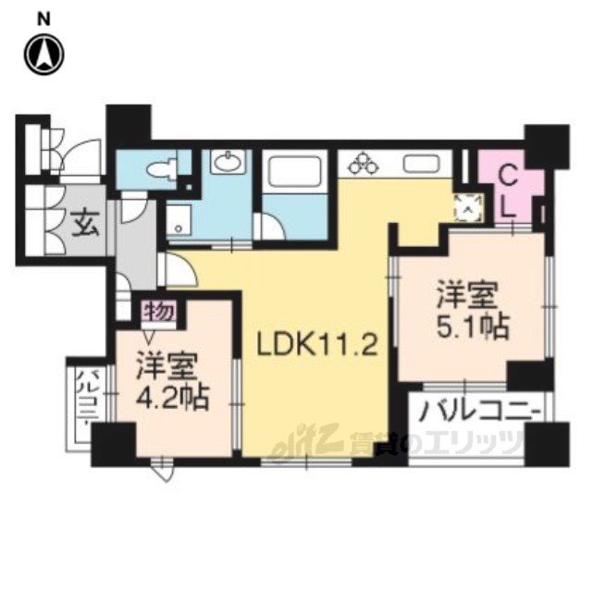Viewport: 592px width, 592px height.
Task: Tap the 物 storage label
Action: click(159, 312)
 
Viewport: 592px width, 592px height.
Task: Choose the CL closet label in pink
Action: click(507, 191)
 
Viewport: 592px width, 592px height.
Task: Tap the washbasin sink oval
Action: click(226, 164)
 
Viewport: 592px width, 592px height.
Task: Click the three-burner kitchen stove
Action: click(364, 165)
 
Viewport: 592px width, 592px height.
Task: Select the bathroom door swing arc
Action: click(272, 227)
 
